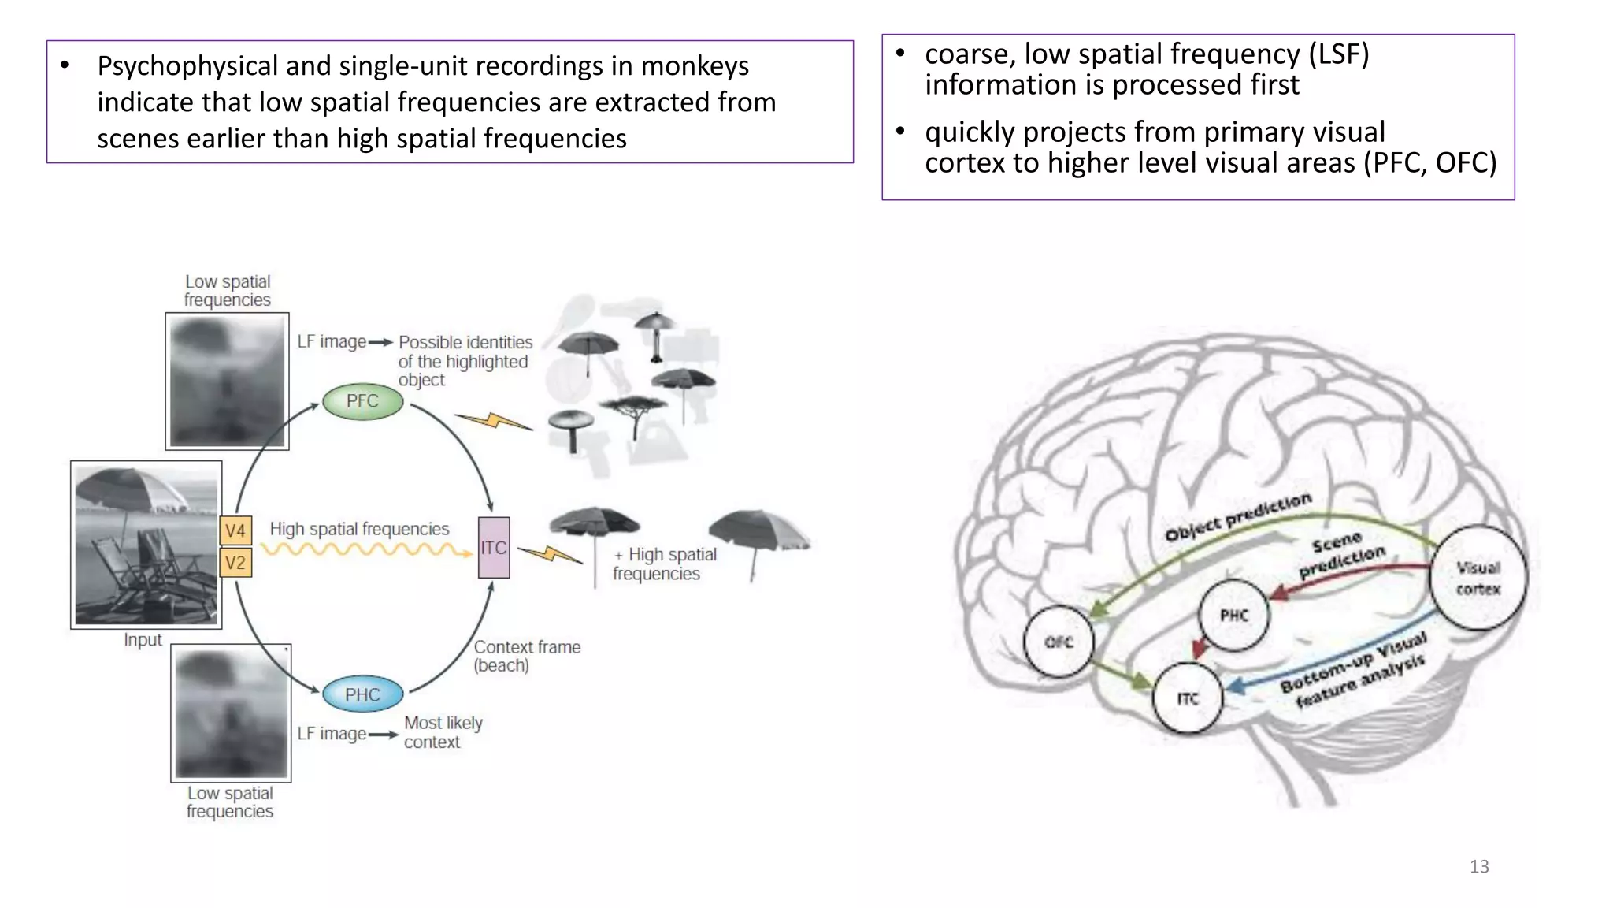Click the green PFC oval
(x=362, y=401)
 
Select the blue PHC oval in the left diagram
(x=362, y=694)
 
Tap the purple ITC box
(x=494, y=548)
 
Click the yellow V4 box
(x=235, y=530)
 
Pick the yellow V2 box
(x=235, y=563)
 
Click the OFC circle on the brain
(x=1059, y=642)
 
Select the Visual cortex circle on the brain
(x=1478, y=578)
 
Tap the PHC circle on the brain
(x=1233, y=616)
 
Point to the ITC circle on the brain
(x=1187, y=698)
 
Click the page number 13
(x=1478, y=866)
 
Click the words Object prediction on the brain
(x=1237, y=517)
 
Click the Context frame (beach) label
(x=526, y=656)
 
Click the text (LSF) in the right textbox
(x=1338, y=54)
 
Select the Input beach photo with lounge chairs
(x=146, y=545)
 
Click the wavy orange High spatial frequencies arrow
(x=366, y=550)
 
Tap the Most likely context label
(x=442, y=732)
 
